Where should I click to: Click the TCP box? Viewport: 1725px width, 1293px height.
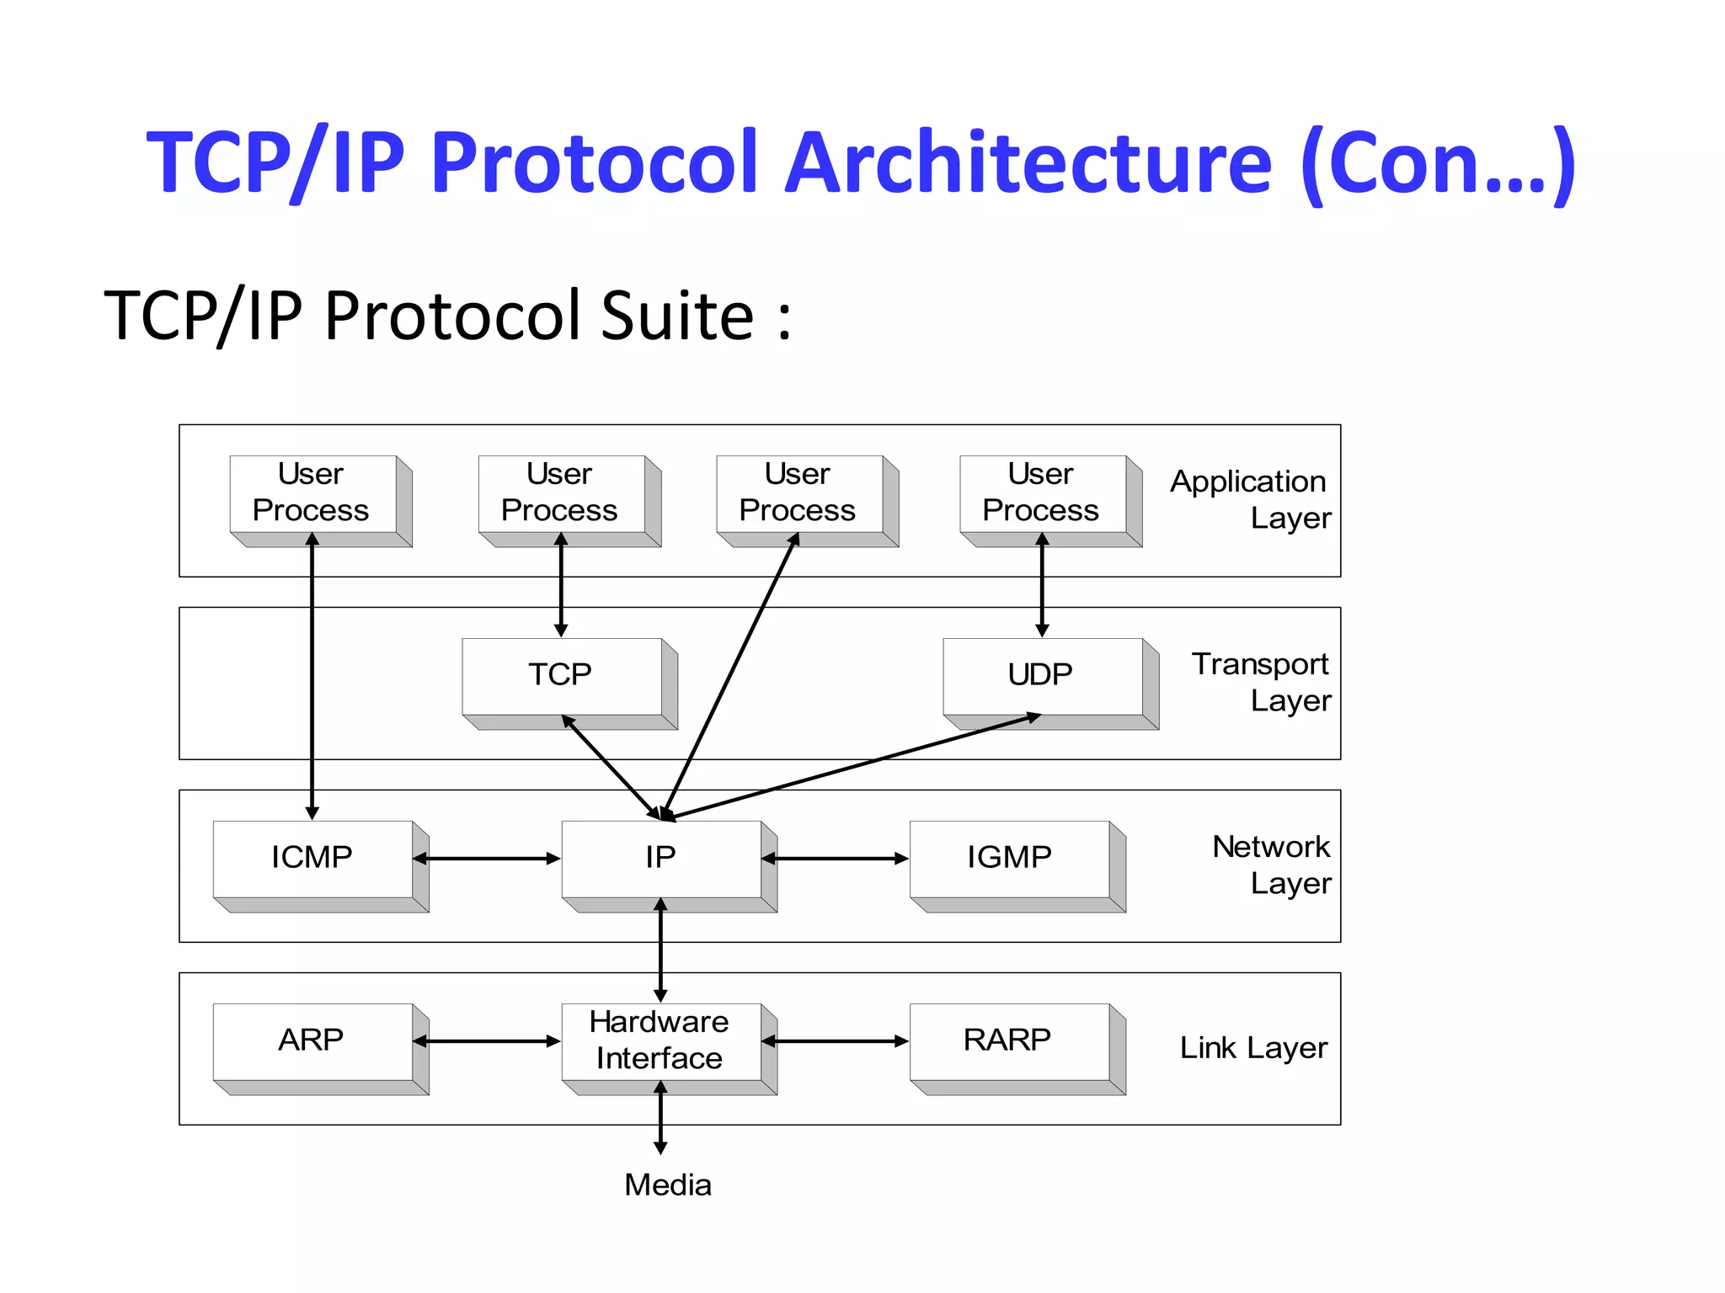point(562,676)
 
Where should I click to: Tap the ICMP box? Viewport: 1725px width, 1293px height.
point(312,859)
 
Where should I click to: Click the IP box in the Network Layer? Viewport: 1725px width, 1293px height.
point(661,859)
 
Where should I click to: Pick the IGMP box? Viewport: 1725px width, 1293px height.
point(1010,859)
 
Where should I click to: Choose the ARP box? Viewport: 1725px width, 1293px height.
point(312,1041)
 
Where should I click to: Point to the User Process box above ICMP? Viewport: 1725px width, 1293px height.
point(312,493)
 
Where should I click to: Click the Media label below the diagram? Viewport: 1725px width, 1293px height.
point(668,1185)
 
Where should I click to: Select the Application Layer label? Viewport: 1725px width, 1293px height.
point(1251,499)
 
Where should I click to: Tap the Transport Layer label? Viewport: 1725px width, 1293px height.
point(1261,682)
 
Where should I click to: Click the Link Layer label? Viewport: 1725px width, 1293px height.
point(1253,1048)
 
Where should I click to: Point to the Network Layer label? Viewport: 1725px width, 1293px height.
point(1272,865)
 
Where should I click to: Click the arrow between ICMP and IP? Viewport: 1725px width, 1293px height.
point(487,859)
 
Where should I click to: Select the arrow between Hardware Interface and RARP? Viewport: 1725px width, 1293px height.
point(836,1041)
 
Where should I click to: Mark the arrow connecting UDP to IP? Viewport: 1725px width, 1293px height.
point(851,766)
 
